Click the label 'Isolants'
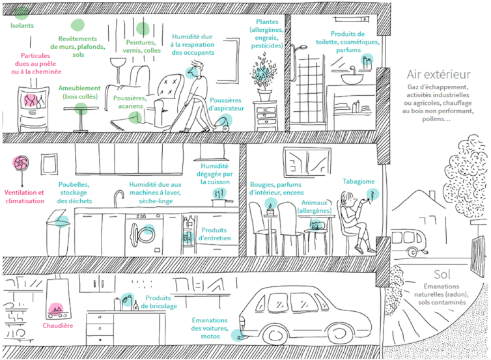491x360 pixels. [x=21, y=26]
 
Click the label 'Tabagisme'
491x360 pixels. [x=359, y=180]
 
